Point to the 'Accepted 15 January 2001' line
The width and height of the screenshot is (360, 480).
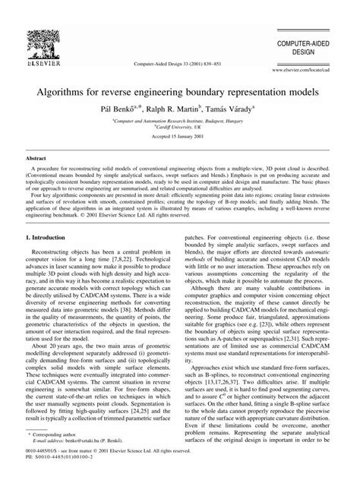click(180, 138)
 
